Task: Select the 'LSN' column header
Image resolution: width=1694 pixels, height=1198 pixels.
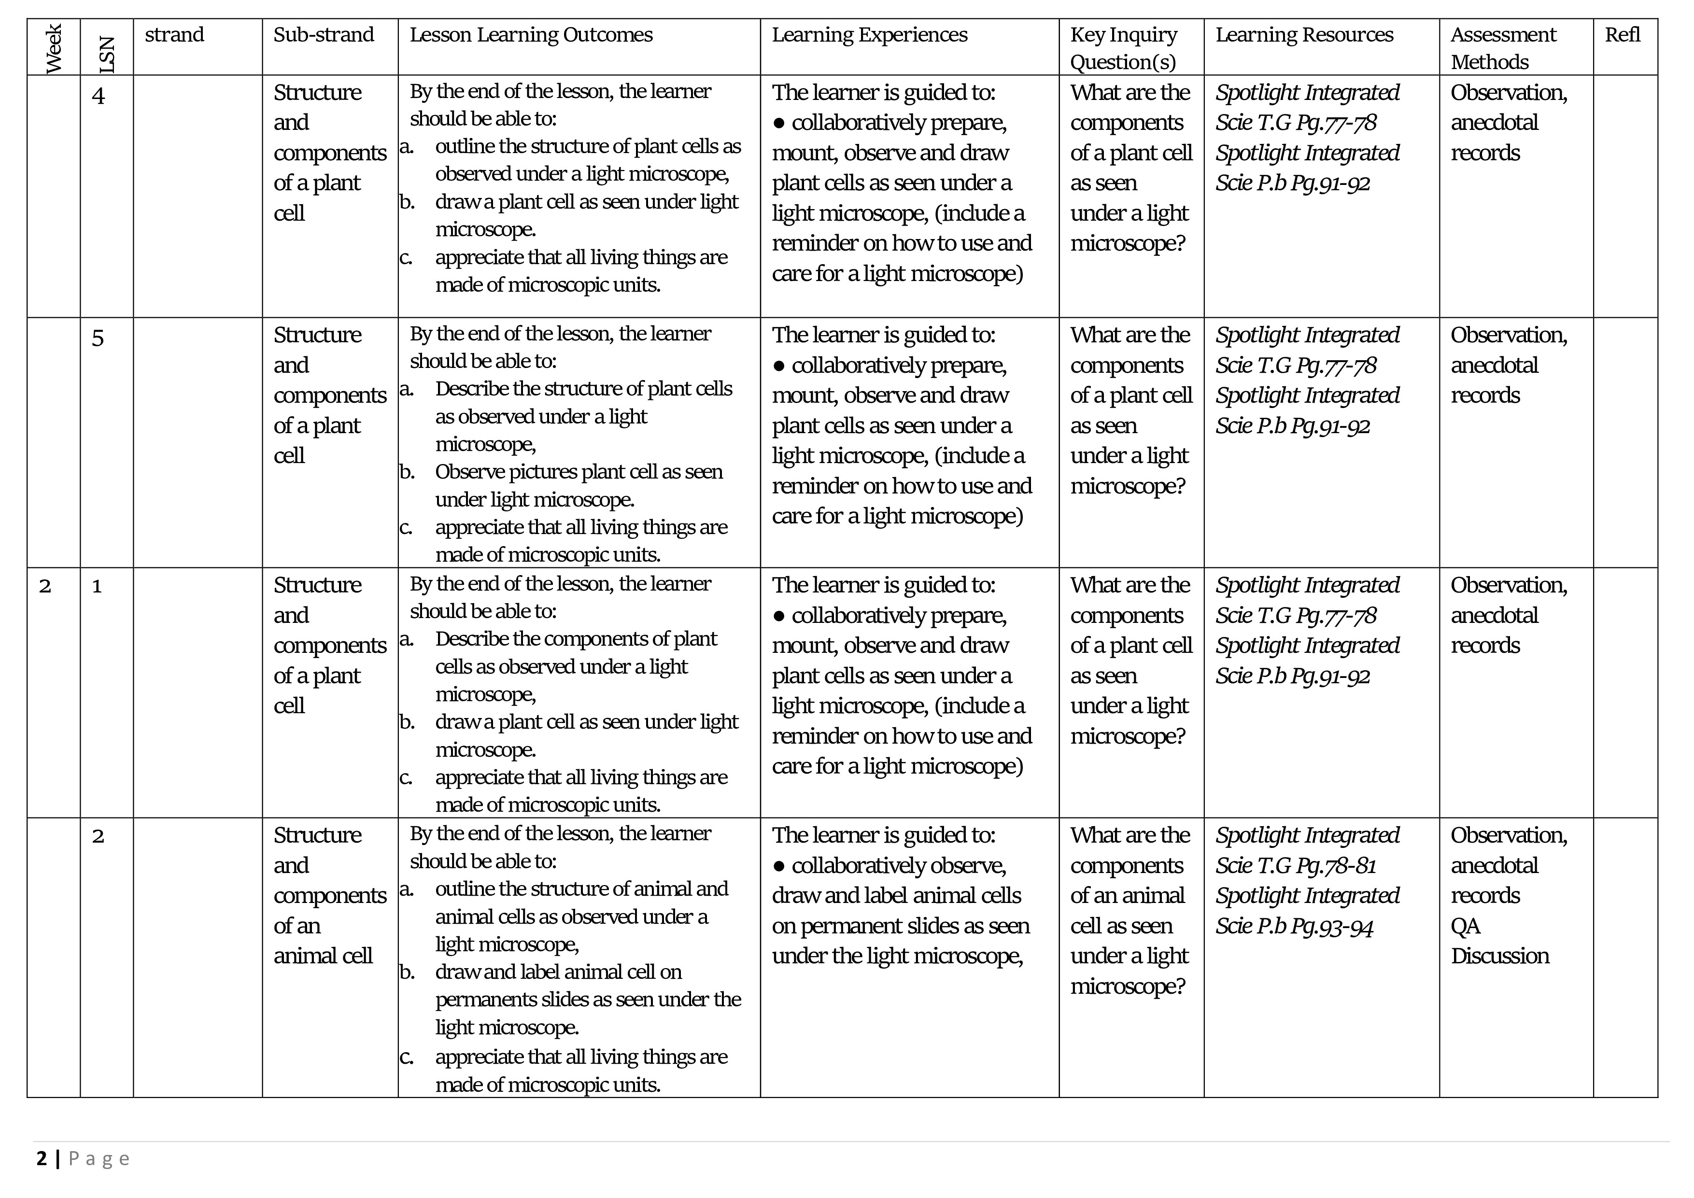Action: [107, 56]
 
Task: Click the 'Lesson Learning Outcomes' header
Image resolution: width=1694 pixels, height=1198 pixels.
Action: [531, 35]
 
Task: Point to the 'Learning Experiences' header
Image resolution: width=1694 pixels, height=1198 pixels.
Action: [869, 35]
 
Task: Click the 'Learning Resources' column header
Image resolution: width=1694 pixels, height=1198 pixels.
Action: [1304, 35]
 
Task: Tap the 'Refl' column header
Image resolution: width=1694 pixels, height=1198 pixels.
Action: [1623, 35]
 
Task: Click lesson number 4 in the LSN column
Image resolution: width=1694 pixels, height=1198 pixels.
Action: [98, 96]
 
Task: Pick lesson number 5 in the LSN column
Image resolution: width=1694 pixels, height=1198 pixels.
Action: [98, 338]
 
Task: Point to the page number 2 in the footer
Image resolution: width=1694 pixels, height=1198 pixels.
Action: [42, 1158]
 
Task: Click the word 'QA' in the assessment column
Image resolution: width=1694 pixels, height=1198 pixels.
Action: [1465, 926]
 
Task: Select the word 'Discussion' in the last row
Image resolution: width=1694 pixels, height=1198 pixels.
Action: [1499, 956]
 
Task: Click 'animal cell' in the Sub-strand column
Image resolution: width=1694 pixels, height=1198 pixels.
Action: [323, 956]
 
